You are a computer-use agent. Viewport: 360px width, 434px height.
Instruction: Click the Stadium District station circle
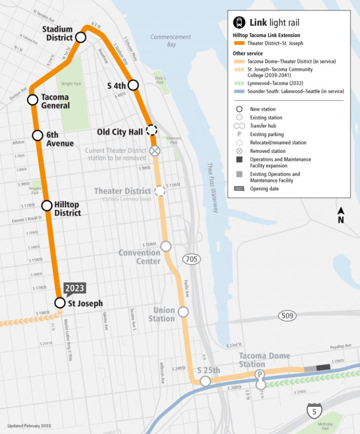click(81, 37)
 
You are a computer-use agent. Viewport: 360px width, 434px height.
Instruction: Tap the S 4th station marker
click(133, 85)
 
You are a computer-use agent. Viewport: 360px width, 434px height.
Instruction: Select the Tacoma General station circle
click(33, 100)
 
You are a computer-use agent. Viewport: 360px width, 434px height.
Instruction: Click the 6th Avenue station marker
click(38, 136)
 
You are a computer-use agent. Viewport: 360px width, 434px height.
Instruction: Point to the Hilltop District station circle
click(47, 205)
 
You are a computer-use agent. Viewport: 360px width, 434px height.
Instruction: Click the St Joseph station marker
click(59, 303)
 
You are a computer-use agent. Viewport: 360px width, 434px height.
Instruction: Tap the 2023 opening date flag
click(74, 288)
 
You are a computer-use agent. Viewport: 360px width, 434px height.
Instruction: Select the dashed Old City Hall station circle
click(152, 130)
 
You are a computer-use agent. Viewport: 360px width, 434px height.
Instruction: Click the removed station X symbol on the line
click(155, 151)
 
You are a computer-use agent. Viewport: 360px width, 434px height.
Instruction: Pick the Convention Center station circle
click(166, 246)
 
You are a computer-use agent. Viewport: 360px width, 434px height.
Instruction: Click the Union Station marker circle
click(183, 312)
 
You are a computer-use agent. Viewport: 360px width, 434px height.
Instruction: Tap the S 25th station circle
click(205, 381)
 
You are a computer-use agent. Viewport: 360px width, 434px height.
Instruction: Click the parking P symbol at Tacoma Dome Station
click(261, 374)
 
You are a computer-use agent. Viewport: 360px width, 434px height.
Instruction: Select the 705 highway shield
click(192, 259)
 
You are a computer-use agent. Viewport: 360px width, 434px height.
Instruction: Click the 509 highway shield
click(288, 316)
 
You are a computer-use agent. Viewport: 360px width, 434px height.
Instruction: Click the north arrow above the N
click(341, 211)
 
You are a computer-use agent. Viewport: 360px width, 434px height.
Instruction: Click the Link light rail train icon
click(239, 22)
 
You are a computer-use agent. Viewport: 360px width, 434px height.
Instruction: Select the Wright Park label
click(71, 84)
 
